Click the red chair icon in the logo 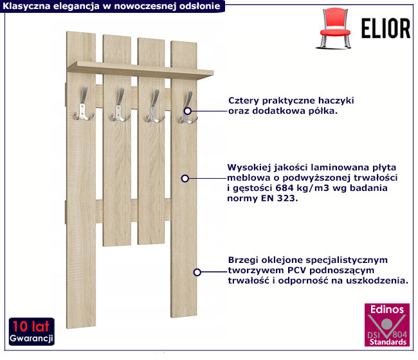(x=334, y=28)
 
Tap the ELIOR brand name (x=386, y=28)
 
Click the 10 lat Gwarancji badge (x=32, y=332)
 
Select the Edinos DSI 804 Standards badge (x=387, y=325)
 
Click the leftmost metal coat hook (x=83, y=104)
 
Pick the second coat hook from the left (x=120, y=105)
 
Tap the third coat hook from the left (x=154, y=107)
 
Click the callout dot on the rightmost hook (x=187, y=111)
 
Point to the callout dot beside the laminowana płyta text (x=185, y=178)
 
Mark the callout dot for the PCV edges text (x=197, y=273)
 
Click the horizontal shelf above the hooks (x=140, y=70)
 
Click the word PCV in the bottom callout (x=296, y=270)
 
